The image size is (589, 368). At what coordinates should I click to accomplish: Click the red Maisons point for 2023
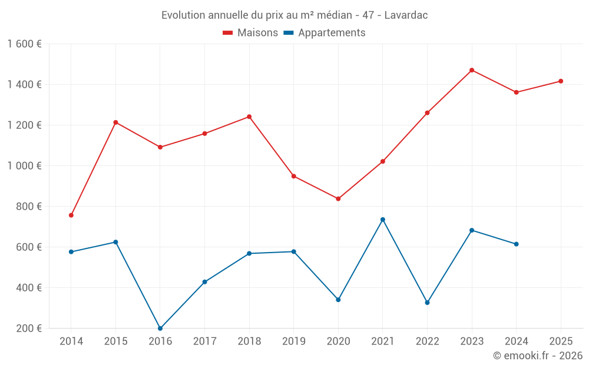tap(472, 70)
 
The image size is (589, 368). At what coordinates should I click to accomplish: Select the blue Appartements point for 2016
tap(160, 328)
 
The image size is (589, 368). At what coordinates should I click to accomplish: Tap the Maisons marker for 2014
tap(71, 215)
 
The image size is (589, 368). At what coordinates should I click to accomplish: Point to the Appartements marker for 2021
tap(383, 220)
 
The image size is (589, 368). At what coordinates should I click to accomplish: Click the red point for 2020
tap(338, 198)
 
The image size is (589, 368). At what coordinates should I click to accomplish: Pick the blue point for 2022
tap(427, 302)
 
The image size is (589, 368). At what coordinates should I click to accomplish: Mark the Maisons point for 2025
tap(561, 81)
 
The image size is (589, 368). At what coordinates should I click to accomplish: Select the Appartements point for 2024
tap(516, 244)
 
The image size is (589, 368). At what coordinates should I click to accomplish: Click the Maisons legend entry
tap(250, 33)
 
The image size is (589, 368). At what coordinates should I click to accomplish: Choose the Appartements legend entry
tap(325, 33)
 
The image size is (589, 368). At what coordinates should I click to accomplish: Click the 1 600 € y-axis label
tap(24, 44)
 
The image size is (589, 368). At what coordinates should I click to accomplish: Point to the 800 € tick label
tap(29, 207)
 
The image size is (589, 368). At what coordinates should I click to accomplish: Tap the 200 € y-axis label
tap(29, 329)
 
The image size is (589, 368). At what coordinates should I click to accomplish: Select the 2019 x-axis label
tap(294, 341)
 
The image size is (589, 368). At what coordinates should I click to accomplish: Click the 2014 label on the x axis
tap(71, 341)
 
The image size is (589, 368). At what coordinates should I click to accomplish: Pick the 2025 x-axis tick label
tap(561, 341)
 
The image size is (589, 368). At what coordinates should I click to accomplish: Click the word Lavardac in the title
tap(406, 15)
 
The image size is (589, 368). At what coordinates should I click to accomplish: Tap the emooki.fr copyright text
tap(538, 356)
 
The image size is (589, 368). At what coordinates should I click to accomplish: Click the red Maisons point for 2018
tap(249, 117)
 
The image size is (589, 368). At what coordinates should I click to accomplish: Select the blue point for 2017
tap(204, 281)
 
